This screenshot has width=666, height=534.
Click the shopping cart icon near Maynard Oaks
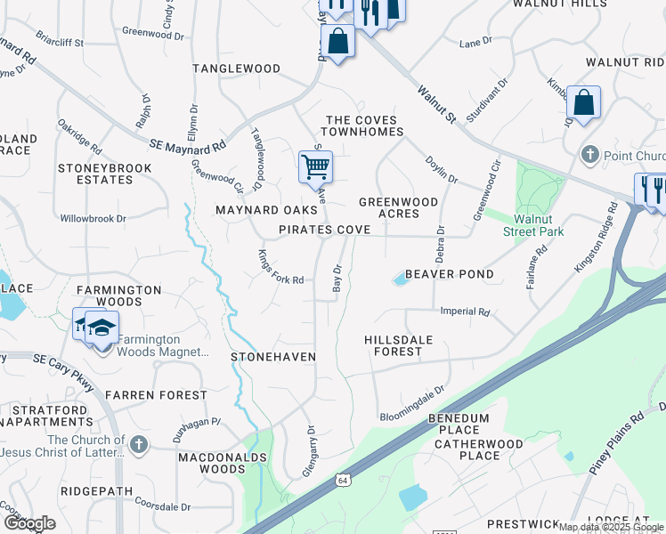pos(315,166)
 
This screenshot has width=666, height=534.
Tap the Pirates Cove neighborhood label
pos(324,230)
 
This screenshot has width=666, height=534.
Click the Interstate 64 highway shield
pos(342,481)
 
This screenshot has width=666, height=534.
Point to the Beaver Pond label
pos(449,274)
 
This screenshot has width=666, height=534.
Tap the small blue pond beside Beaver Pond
pos(399,280)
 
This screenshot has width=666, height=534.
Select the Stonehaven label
pos(273,357)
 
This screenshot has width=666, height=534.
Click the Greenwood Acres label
pos(398,208)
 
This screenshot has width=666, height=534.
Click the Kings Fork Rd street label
pos(280,268)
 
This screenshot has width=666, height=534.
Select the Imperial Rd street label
pos(465,312)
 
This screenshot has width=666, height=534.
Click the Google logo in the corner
pos(29,523)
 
